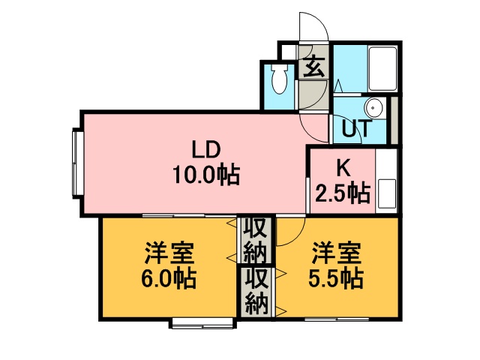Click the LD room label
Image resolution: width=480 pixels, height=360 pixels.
click(205, 150)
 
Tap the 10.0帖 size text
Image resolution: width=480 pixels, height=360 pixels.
click(206, 175)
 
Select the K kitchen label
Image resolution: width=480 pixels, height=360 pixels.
click(343, 168)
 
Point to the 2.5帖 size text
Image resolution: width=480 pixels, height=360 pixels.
click(343, 193)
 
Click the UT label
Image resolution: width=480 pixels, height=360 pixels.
click(357, 128)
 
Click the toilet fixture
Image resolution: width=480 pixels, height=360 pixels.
click(279, 79)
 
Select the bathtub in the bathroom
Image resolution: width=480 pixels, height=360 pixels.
click(382, 68)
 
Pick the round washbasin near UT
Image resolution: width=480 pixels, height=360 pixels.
click(373, 108)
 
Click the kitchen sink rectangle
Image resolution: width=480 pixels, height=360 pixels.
click(387, 193)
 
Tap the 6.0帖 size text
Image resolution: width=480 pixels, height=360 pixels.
click(168, 278)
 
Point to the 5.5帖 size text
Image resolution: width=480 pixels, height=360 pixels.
click(336, 278)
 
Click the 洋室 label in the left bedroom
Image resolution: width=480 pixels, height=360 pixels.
click(169, 253)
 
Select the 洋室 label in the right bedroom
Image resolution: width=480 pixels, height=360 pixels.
click(337, 253)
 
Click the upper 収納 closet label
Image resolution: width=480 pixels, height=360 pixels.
click(256, 241)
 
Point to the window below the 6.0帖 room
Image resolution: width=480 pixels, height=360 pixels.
click(203, 323)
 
